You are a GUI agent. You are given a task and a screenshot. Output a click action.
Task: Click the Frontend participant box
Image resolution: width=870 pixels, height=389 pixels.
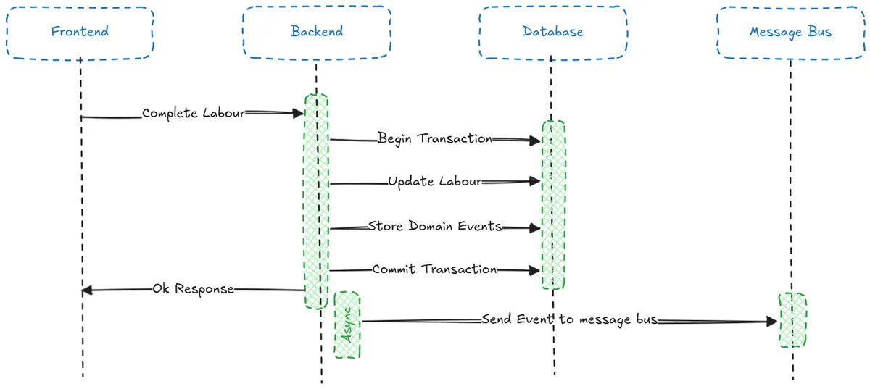pyautogui.click(x=80, y=32)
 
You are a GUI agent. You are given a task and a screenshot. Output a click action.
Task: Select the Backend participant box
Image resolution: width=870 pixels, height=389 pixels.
pyautogui.click(x=317, y=32)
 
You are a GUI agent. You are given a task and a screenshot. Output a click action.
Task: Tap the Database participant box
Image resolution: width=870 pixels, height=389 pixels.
pyautogui.click(x=552, y=32)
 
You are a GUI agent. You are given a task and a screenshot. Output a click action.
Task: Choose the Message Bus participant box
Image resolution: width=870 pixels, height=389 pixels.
pyautogui.click(x=790, y=32)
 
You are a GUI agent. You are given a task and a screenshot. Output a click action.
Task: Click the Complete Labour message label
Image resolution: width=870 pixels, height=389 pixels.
pyautogui.click(x=194, y=114)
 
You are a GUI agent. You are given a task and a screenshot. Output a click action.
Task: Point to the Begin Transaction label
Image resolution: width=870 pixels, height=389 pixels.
pyautogui.click(x=435, y=138)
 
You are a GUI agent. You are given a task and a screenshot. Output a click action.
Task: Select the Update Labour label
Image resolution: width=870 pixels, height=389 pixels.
pyautogui.click(x=435, y=182)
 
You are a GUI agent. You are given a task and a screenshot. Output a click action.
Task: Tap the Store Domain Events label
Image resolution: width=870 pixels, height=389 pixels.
pyautogui.click(x=435, y=226)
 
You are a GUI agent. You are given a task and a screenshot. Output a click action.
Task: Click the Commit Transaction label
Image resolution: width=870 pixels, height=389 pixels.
pyautogui.click(x=435, y=269)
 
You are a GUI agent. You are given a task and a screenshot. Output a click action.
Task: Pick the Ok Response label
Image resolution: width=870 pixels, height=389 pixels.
pyautogui.click(x=193, y=289)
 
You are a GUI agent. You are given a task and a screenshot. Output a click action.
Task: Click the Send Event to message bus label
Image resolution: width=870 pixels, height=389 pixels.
pyautogui.click(x=569, y=319)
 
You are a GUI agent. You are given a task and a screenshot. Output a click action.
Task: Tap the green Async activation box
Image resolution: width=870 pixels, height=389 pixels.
pyautogui.click(x=347, y=325)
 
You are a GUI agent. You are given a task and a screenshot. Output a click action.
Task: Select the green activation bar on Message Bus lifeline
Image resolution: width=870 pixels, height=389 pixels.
pyautogui.click(x=792, y=319)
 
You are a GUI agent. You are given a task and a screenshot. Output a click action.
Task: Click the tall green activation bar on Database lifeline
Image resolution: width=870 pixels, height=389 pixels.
pyautogui.click(x=553, y=205)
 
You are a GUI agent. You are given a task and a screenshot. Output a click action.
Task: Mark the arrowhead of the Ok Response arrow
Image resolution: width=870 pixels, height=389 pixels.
pyautogui.click(x=86, y=290)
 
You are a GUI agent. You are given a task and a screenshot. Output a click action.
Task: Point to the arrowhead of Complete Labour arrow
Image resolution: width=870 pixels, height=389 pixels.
pyautogui.click(x=298, y=113)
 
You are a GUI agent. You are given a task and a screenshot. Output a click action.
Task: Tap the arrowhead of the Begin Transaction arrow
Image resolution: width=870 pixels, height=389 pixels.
pyautogui.click(x=536, y=141)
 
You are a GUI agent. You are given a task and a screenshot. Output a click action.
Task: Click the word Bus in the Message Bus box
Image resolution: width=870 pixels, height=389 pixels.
pyautogui.click(x=821, y=32)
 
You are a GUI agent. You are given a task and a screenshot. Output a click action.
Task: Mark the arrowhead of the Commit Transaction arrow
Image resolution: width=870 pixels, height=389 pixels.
pyautogui.click(x=536, y=271)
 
